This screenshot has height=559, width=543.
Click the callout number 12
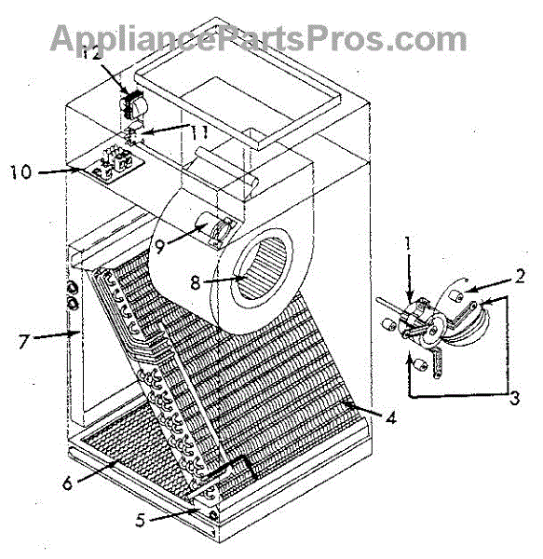(x=92, y=53)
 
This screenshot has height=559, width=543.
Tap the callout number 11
(x=199, y=133)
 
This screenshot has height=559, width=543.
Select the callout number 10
(x=21, y=172)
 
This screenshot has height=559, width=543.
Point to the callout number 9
(x=160, y=246)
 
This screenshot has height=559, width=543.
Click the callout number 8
(x=196, y=283)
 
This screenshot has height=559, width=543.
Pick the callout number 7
(x=23, y=342)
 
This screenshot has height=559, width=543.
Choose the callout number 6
(x=67, y=484)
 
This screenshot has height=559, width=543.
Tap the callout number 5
(x=141, y=521)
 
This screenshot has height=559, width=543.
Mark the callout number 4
(x=391, y=417)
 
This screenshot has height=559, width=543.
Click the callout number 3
(x=514, y=398)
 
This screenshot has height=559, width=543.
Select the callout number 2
(x=521, y=276)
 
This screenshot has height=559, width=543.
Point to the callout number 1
(x=408, y=244)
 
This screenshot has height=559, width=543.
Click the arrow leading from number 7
(x=56, y=334)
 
